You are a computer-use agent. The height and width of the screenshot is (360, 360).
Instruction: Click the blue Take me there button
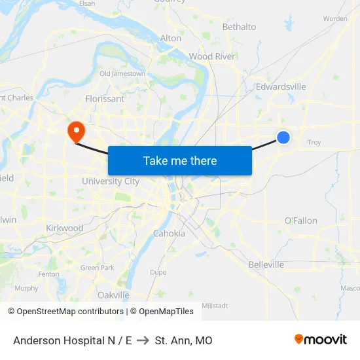pos(180,160)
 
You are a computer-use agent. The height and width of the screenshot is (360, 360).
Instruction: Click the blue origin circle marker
pos(283,137)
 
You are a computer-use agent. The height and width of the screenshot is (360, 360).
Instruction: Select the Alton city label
pos(171,38)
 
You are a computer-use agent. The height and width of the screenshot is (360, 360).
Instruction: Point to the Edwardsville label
pos(281,86)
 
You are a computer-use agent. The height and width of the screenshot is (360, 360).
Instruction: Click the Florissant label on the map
pos(105,99)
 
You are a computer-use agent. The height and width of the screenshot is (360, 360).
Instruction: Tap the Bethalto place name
pos(239,27)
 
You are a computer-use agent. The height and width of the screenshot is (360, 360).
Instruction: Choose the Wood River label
pos(211,56)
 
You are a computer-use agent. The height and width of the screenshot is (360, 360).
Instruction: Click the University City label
pos(111,181)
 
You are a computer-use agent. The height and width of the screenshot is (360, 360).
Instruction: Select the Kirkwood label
pos(65,228)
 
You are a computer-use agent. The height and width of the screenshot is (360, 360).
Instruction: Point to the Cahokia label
pos(169,233)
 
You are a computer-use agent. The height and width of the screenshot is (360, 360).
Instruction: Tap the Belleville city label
pos(266,264)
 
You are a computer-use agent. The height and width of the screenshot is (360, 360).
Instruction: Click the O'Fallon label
pos(301,221)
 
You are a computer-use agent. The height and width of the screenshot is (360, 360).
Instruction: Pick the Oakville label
pos(113,295)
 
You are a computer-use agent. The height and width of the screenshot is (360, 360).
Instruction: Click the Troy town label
pos(314,142)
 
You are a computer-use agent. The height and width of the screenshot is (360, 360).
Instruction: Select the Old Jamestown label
pos(122,74)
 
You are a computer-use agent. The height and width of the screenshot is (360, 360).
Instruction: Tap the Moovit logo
pos(321,340)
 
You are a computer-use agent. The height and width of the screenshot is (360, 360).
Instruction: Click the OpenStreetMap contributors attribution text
pos(65,312)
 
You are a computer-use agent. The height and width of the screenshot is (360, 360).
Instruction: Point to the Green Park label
pos(98,268)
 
